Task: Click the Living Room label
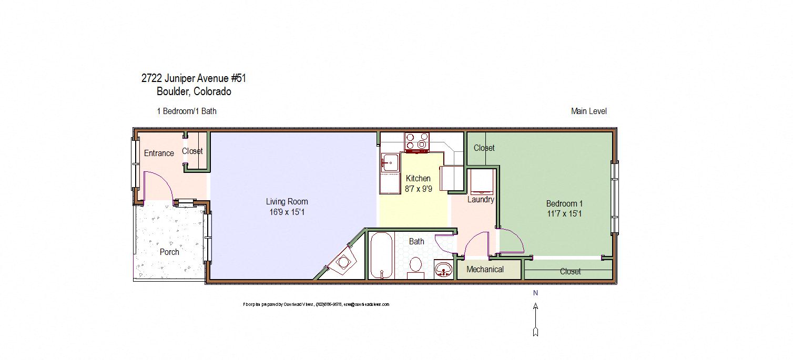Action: click(x=287, y=201)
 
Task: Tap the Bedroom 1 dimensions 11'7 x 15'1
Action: click(x=564, y=214)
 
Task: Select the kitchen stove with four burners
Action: click(x=416, y=141)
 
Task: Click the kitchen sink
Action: click(x=390, y=163)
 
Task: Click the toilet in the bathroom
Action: click(x=416, y=266)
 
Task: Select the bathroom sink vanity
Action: click(x=444, y=270)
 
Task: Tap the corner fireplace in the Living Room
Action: click(x=343, y=261)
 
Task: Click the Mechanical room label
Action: click(x=485, y=269)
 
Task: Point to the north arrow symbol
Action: click(x=535, y=318)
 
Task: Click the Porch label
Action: click(x=169, y=252)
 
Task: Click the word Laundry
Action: click(x=481, y=200)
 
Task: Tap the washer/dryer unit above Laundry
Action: click(x=481, y=181)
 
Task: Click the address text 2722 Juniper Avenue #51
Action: click(x=194, y=78)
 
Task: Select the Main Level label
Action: click(x=588, y=111)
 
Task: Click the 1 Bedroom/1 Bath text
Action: click(x=187, y=111)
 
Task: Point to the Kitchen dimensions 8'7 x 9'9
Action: click(x=418, y=189)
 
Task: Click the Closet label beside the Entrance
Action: click(x=192, y=151)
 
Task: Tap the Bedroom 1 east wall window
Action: click(x=614, y=197)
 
